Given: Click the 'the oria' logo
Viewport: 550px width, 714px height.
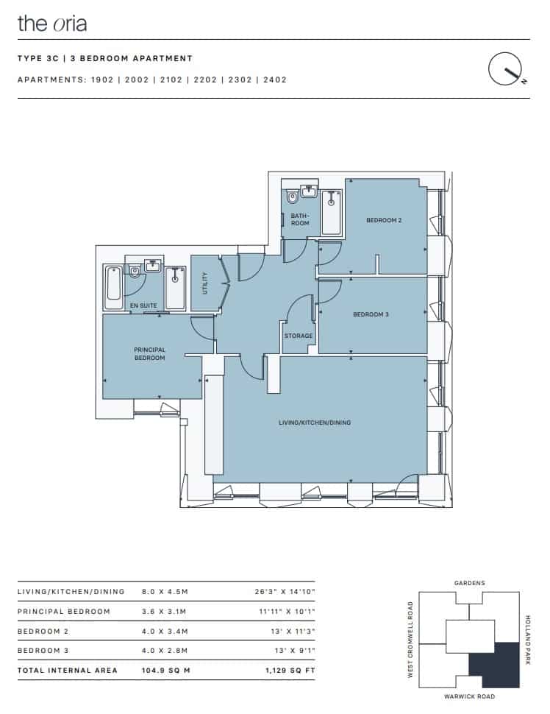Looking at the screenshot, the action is [x=52, y=24].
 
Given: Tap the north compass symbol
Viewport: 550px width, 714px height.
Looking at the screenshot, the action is [x=507, y=70].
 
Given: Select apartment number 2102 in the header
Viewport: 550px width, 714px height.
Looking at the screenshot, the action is [x=171, y=79].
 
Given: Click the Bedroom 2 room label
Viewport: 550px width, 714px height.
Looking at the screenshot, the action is [x=384, y=220].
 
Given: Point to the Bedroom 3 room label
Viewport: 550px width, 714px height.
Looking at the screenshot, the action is [x=371, y=314].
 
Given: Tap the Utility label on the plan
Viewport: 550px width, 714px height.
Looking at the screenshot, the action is [x=205, y=283].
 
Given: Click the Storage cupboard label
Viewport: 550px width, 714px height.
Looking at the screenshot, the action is [x=299, y=336].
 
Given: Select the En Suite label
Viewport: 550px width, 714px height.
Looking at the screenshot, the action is [x=143, y=305].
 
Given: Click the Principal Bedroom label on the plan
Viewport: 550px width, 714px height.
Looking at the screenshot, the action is [x=150, y=354].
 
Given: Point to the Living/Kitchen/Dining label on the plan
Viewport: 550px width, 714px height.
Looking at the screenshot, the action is [x=315, y=423].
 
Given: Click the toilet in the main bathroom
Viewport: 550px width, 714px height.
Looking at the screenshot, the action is [x=292, y=197].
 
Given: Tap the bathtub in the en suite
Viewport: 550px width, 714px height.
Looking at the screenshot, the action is [x=113, y=289].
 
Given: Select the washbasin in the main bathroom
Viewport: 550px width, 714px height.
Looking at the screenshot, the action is [x=309, y=191].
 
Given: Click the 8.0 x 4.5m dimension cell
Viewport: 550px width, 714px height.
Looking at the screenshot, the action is [x=165, y=592].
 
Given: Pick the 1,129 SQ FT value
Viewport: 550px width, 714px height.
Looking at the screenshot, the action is [x=290, y=671].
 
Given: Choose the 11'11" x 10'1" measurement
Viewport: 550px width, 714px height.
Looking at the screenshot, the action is [x=287, y=612].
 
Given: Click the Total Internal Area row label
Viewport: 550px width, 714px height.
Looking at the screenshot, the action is [x=68, y=671].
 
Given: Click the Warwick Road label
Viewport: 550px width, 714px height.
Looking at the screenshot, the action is [x=469, y=696].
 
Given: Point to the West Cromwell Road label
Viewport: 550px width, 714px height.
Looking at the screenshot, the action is [x=410, y=640].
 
